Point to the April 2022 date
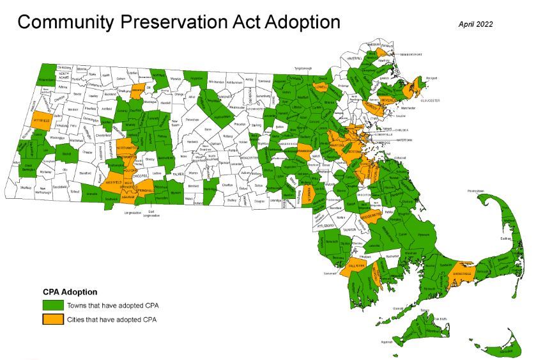click(x=476, y=24)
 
